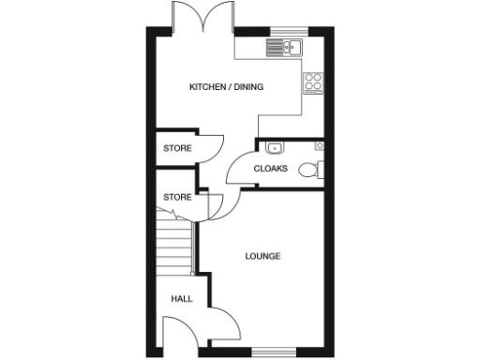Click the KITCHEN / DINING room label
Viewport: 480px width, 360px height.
coord(226,87)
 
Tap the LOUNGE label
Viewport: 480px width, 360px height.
coord(262,256)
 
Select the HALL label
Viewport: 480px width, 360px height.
coord(181,299)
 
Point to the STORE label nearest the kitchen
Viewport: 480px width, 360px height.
coord(177,148)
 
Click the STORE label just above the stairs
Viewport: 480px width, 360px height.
coord(177,198)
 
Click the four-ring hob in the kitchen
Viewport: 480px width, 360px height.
coord(313,82)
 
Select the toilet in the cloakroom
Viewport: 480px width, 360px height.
coord(310,170)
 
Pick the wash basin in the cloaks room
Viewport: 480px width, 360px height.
coord(275,147)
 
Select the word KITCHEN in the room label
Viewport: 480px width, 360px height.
coord(209,87)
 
